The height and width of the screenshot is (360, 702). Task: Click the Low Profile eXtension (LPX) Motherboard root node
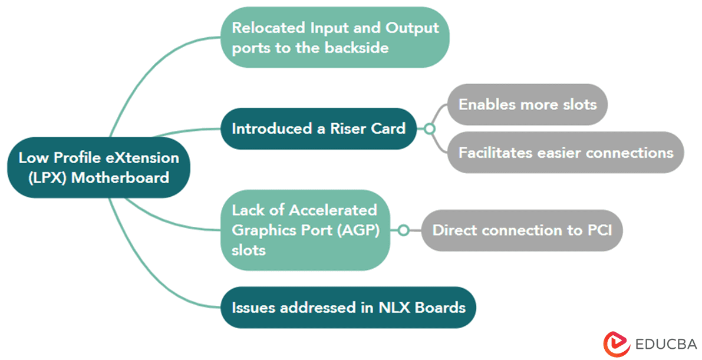tap(98, 167)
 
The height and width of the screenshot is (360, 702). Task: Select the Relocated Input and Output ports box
tap(335, 37)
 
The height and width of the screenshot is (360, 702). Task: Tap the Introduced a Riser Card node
tap(318, 128)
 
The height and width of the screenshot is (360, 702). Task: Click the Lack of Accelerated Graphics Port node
tap(305, 230)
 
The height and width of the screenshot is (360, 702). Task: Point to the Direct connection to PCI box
tap(522, 230)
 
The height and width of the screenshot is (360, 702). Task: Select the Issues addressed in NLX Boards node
tap(348, 307)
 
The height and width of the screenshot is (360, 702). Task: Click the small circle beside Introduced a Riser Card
tap(430, 128)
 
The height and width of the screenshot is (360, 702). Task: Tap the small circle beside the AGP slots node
tap(403, 230)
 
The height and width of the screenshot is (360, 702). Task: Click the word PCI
tap(599, 230)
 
